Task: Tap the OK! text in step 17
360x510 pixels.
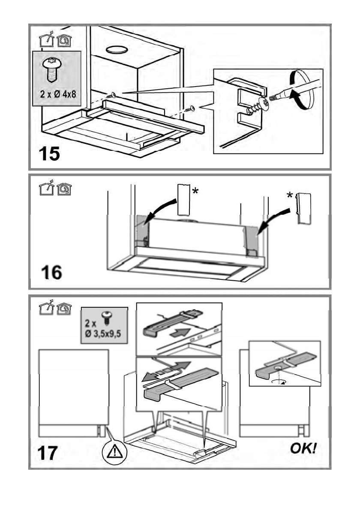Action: [304, 448]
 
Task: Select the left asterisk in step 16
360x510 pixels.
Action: [195, 192]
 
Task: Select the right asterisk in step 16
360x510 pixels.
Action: [290, 196]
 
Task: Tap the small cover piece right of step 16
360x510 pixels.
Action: [303, 208]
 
